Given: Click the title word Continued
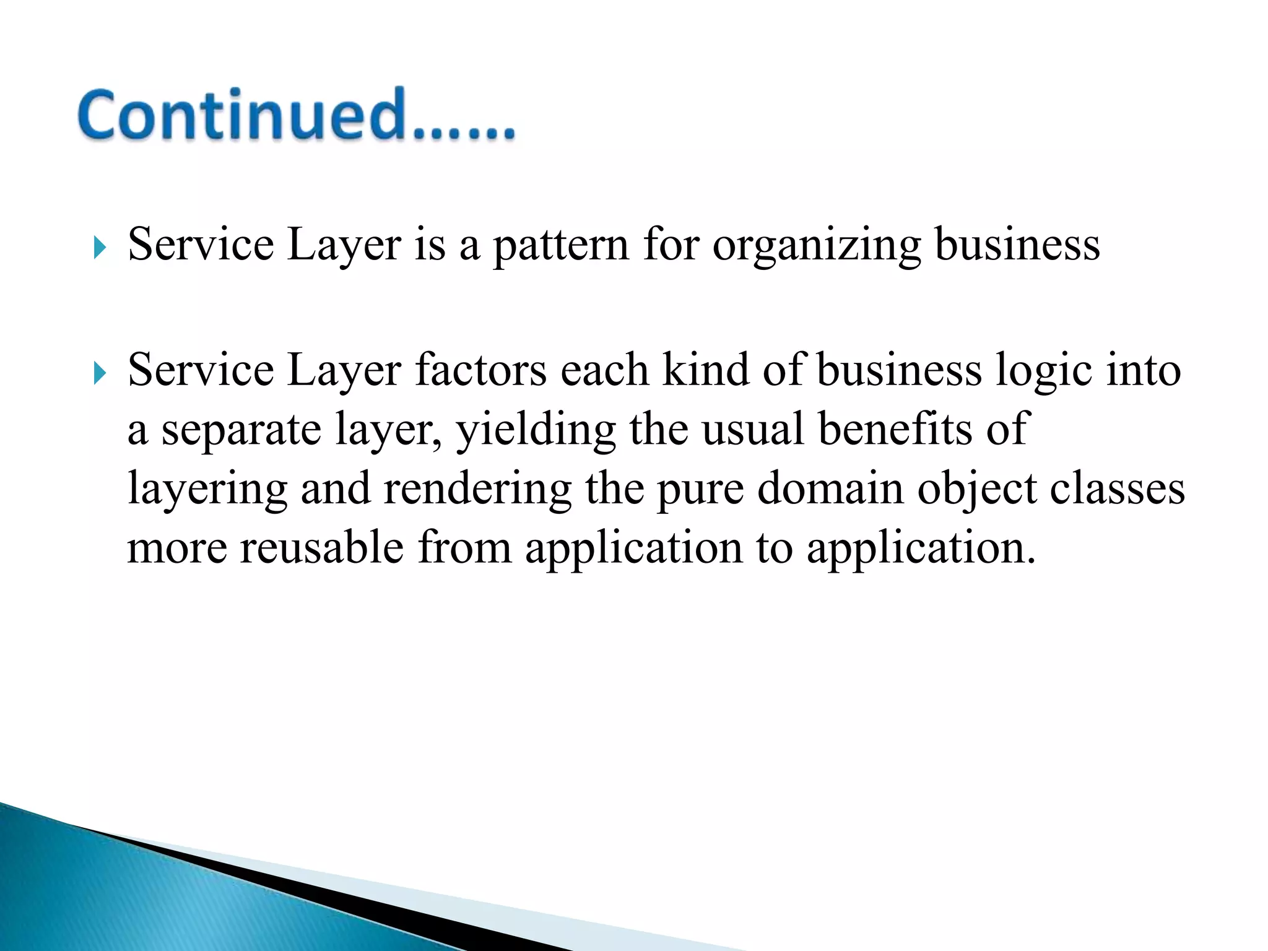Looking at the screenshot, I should point(296,116).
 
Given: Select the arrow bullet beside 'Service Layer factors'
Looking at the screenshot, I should point(99,374).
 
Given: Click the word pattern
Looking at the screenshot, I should point(561,245).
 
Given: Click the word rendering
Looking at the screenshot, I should point(477,489).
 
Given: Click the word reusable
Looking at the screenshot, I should point(321,547).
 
